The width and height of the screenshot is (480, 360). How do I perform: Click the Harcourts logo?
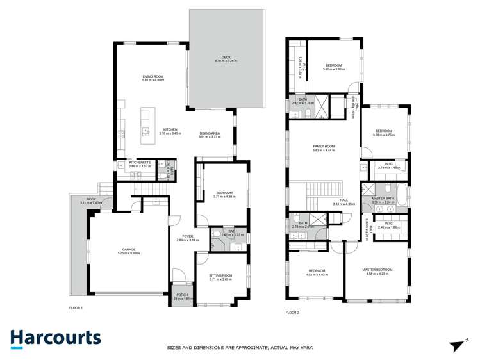click(x=55, y=338)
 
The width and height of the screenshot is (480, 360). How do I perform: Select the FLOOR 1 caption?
click(x=76, y=308)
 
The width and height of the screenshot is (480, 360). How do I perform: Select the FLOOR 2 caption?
click(x=292, y=313)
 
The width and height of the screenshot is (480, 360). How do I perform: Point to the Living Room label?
click(x=153, y=77)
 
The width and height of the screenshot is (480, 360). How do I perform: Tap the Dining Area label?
click(x=210, y=133)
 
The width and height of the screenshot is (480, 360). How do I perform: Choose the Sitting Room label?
click(x=220, y=275)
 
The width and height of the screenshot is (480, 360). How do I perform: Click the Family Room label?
click(x=324, y=146)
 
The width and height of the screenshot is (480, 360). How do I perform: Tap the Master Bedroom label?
click(x=376, y=270)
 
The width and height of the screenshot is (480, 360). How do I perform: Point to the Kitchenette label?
click(x=140, y=162)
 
